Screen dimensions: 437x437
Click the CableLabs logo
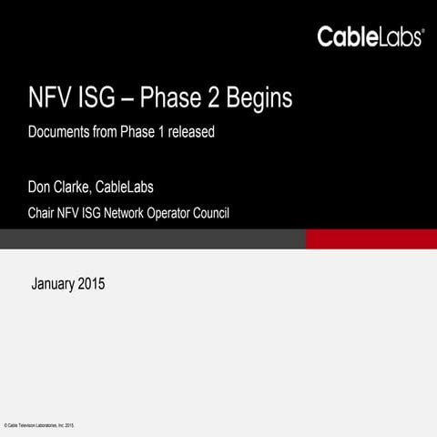pyautogui.click(x=370, y=36)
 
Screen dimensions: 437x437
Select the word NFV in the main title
pyautogui.click(x=46, y=98)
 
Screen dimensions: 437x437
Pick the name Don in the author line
pyautogui.click(x=42, y=188)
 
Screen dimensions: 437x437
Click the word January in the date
pyautogui.click(x=54, y=284)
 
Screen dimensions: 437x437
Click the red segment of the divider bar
pyautogui.click(x=371, y=239)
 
